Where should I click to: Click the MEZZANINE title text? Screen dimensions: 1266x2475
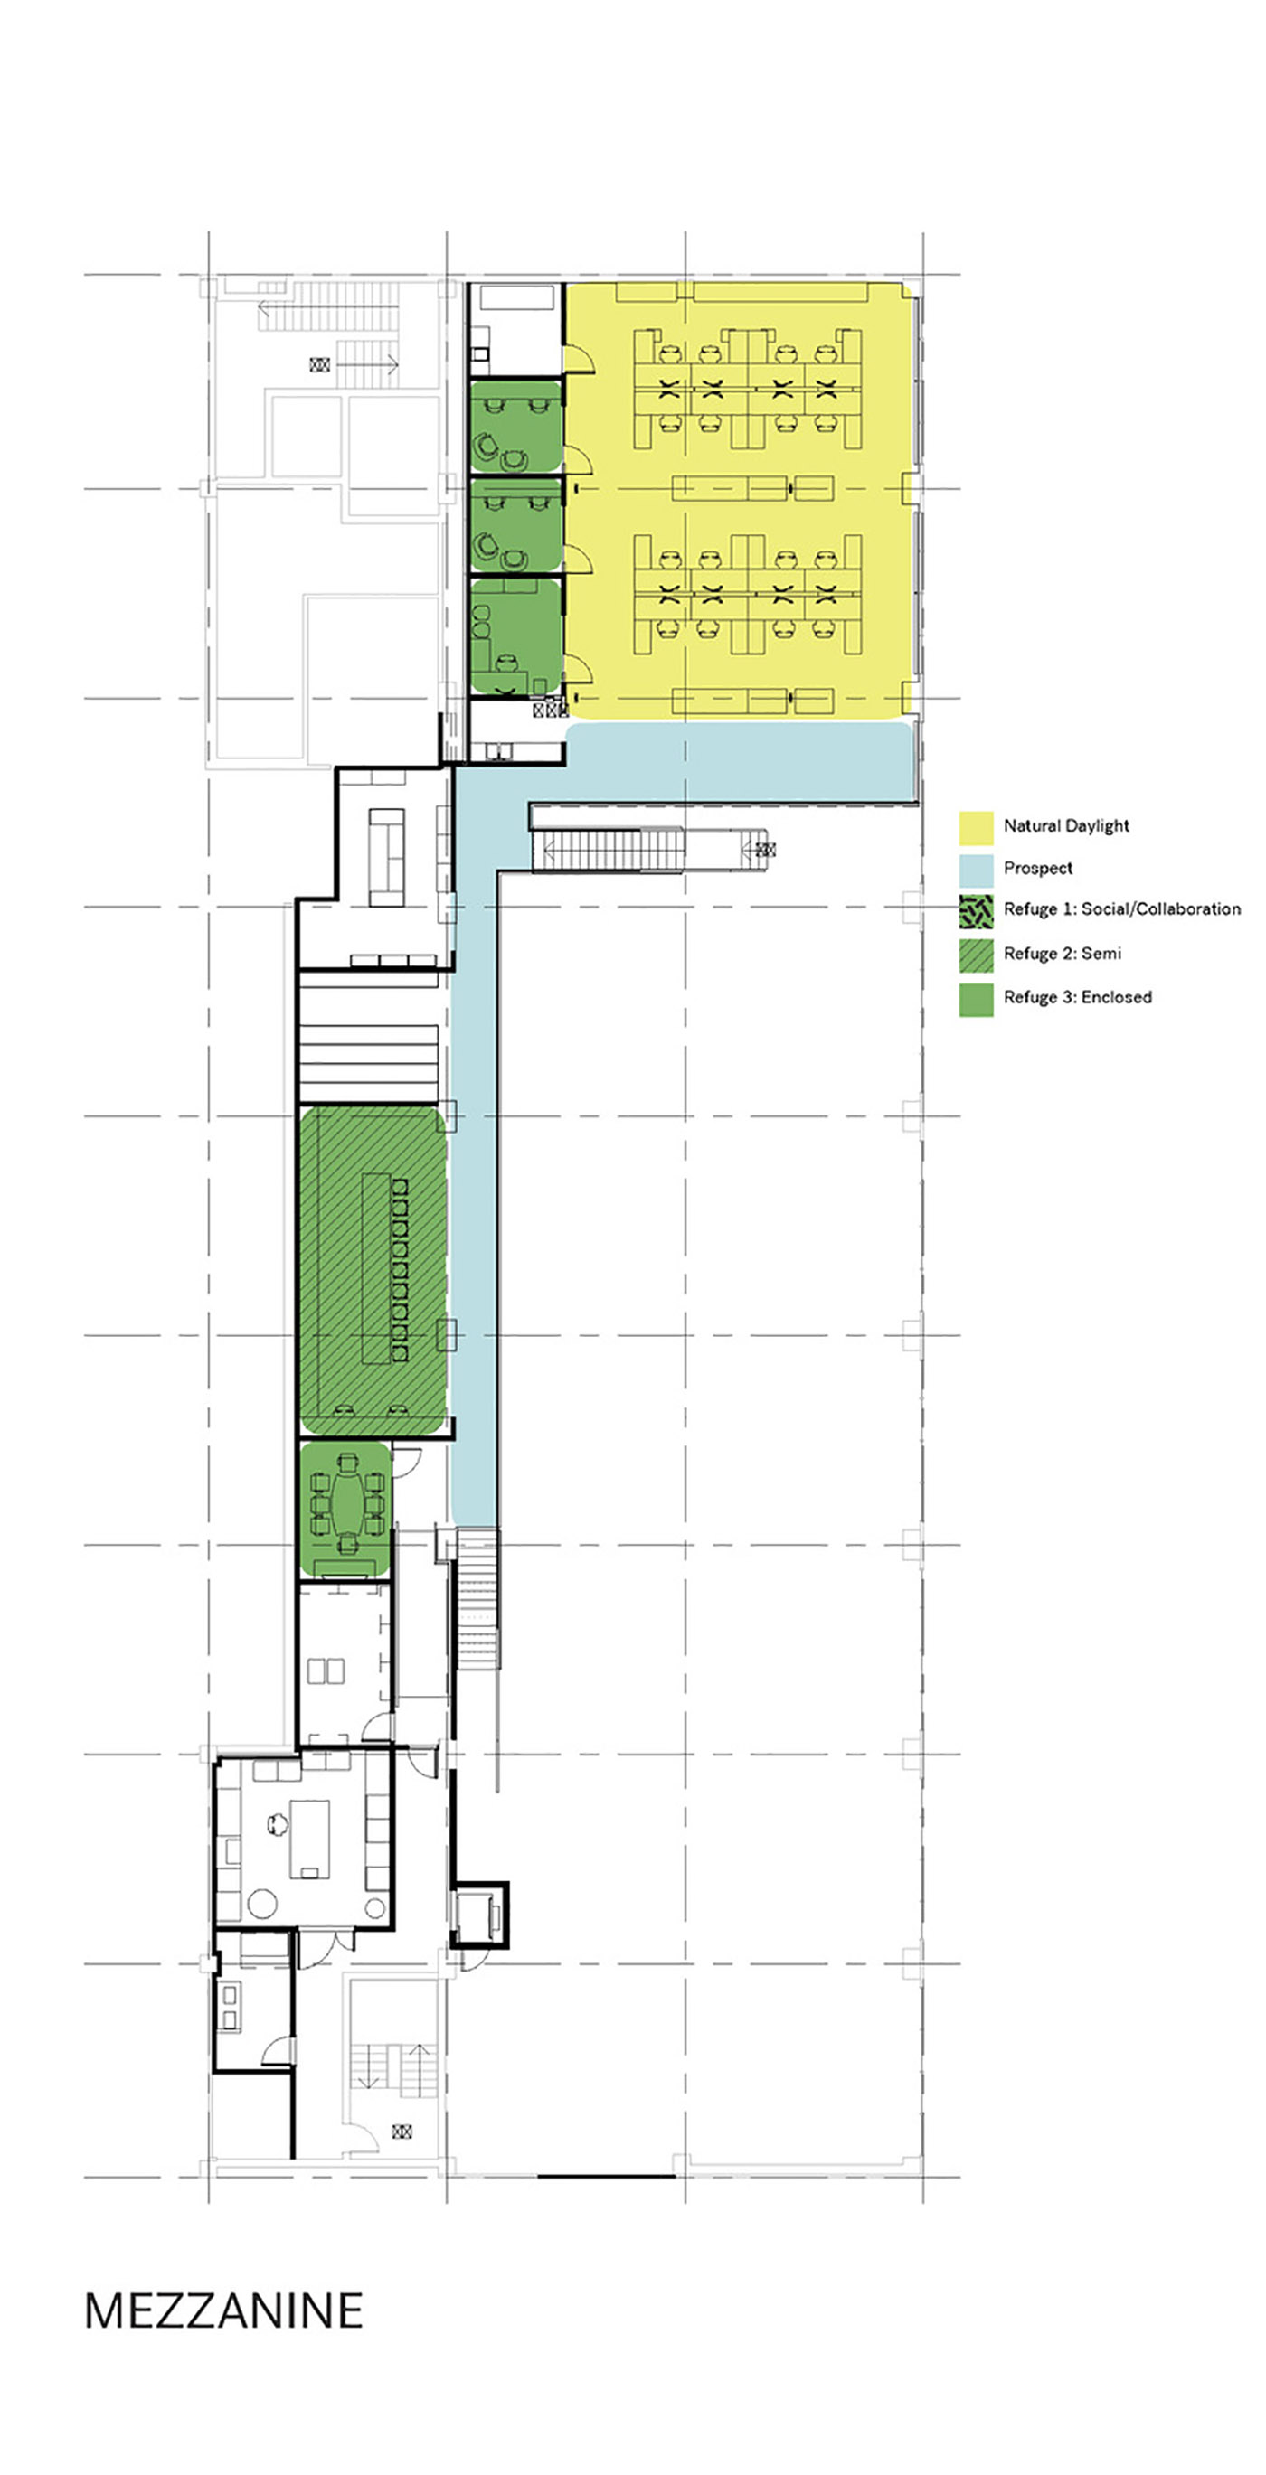click(223, 2310)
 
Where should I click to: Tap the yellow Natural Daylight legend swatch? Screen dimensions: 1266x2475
click(976, 827)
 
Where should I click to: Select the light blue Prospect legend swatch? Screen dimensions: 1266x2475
click(976, 870)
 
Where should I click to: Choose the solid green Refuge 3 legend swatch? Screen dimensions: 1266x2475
click(976, 998)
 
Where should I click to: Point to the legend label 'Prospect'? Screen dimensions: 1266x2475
click(1037, 868)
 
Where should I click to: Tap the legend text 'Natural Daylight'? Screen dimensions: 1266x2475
click(1066, 825)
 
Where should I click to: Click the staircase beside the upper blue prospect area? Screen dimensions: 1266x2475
click(608, 850)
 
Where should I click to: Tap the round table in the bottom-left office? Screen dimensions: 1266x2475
click(262, 1903)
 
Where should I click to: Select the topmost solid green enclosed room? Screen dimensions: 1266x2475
click(515, 426)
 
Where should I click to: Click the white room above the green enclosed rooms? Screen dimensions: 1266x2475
click(515, 330)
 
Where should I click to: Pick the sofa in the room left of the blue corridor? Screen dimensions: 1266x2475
click(387, 857)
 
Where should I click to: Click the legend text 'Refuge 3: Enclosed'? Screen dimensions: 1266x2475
click(1078, 996)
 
